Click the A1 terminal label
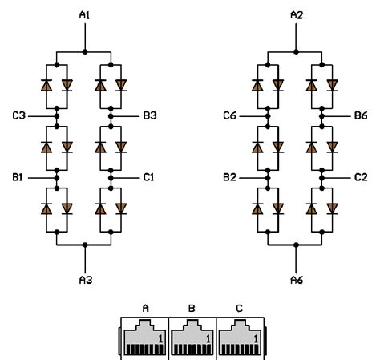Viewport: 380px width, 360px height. pyautogui.click(x=85, y=15)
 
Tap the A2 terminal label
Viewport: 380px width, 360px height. pyautogui.click(x=297, y=15)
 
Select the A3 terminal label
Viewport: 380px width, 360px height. pyautogui.click(x=86, y=280)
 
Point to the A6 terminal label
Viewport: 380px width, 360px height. pyautogui.click(x=297, y=280)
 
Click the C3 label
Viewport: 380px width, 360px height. pyautogui.click(x=18, y=115)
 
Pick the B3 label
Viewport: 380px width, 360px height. pyautogui.click(x=150, y=115)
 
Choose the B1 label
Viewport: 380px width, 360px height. pyautogui.click(x=18, y=177)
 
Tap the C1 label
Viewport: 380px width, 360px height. pyautogui.click(x=149, y=177)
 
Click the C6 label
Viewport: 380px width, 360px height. pyautogui.click(x=229, y=115)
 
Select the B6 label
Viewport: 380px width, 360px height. pyautogui.click(x=361, y=115)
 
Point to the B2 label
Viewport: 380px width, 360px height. pyautogui.click(x=229, y=177)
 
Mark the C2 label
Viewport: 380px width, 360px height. pyautogui.click(x=361, y=177)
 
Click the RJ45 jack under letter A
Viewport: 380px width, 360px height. pyautogui.click(x=144, y=338)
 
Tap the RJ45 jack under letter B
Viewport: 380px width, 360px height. pyautogui.click(x=192, y=338)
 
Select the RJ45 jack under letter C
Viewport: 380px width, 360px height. pyautogui.click(x=240, y=338)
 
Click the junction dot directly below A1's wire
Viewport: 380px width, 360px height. pyautogui.click(x=85, y=52)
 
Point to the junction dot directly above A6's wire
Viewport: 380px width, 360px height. pyautogui.click(x=296, y=245)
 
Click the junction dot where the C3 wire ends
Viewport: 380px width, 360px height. pyautogui.click(x=57, y=116)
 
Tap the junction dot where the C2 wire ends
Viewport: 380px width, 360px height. pyautogui.click(x=322, y=178)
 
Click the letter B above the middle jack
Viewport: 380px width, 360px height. pyautogui.click(x=192, y=309)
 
